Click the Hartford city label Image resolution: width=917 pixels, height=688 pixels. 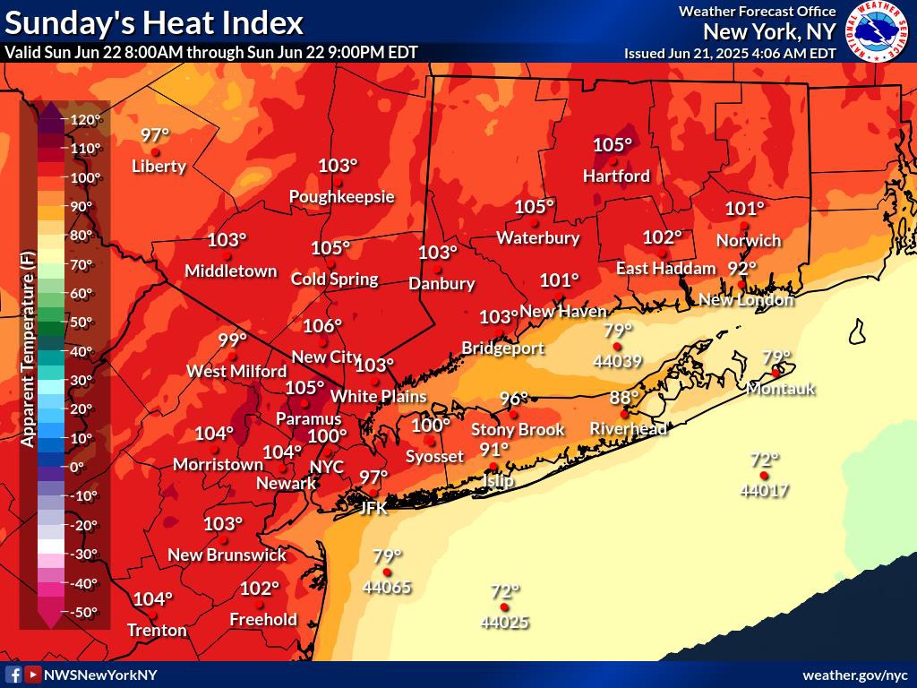[616, 176]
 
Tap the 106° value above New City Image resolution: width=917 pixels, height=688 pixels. [322, 326]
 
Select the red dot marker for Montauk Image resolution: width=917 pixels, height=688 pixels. [776, 373]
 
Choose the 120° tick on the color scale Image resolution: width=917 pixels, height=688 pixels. [87, 119]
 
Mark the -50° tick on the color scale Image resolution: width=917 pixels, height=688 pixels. [85, 612]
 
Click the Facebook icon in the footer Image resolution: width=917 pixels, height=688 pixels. [14, 675]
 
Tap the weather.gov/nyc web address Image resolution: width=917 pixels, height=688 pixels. [854, 675]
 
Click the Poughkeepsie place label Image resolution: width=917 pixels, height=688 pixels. [341, 197]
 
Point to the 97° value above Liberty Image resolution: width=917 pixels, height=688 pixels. [155, 135]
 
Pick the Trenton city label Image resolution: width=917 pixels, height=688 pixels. [157, 630]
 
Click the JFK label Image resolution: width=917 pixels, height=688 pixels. [373, 508]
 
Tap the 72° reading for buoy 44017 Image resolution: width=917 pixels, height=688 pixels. [764, 460]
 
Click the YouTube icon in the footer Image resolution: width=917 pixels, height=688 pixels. [33, 675]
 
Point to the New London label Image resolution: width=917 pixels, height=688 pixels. [746, 300]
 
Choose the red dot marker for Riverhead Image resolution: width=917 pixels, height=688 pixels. [625, 414]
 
